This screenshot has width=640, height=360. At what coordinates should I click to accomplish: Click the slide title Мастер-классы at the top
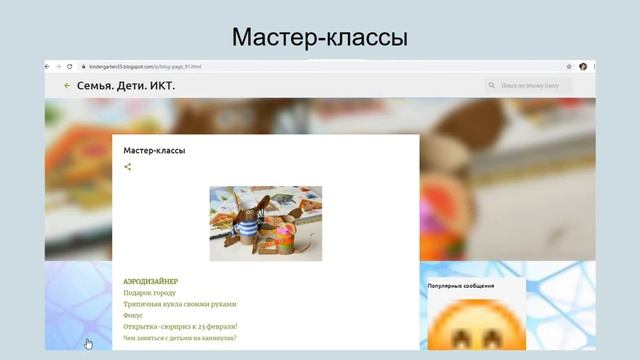(x=319, y=37)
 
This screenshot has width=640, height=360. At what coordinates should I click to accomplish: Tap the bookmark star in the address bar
(x=570, y=66)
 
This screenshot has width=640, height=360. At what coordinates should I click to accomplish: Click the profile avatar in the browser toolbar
(x=582, y=66)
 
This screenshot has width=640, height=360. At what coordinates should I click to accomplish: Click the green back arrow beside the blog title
(x=67, y=86)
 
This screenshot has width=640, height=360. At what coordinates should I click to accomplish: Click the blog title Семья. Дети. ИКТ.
(x=126, y=86)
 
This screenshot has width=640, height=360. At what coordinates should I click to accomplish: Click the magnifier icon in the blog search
(x=492, y=86)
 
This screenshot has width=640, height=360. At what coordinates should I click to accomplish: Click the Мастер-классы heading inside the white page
(x=154, y=150)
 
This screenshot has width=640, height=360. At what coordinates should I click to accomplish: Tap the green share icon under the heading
(x=127, y=167)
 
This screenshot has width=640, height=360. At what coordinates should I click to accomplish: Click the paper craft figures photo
(x=265, y=222)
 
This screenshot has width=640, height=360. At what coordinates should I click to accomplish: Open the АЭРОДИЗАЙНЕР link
(x=150, y=281)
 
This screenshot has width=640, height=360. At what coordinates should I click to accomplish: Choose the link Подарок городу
(x=149, y=293)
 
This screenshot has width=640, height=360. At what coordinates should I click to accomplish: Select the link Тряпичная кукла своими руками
(x=180, y=304)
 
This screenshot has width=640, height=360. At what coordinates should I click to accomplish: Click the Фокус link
(x=133, y=315)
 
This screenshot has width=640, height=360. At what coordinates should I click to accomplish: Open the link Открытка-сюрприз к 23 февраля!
(x=180, y=326)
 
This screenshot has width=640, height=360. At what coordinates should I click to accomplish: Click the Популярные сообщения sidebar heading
(x=460, y=286)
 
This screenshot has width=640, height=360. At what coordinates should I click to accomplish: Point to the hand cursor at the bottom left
(x=88, y=344)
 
